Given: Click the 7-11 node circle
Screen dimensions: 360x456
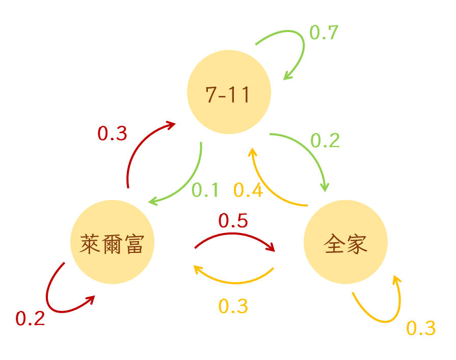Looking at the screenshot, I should [229, 92].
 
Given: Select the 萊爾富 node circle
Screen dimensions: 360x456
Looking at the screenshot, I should [112, 242].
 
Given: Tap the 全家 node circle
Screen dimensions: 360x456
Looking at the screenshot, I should [345, 242].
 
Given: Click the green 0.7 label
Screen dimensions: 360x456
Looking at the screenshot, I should [324, 33].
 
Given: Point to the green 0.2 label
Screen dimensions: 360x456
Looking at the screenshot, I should [325, 140].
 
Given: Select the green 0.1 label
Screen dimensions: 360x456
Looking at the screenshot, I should [205, 190].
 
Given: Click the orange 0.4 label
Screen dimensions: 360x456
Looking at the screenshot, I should [248, 190].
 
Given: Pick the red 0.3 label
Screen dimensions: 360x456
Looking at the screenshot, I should [112, 134].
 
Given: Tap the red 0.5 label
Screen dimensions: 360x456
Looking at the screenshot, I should [233, 221].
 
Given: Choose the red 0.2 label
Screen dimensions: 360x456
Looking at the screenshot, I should [30, 319].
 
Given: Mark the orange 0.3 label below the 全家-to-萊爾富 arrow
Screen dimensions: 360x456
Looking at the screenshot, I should [233, 306].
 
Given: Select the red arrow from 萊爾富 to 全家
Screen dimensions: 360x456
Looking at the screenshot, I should [234, 235].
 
